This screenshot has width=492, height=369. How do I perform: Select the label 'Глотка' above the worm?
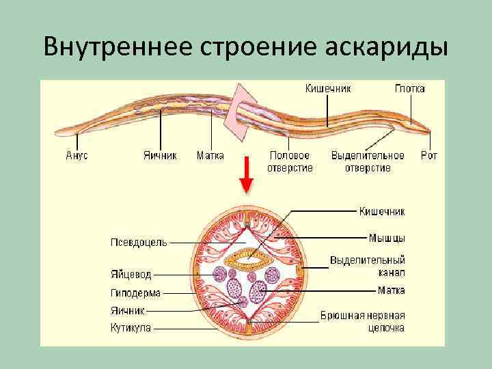[x=409, y=88]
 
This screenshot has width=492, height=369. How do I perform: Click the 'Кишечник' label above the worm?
[x=328, y=88]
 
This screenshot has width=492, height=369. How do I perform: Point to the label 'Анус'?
[x=77, y=155]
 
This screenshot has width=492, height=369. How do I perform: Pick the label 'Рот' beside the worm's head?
[x=428, y=155]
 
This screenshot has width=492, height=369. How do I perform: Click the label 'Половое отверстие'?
[x=290, y=161]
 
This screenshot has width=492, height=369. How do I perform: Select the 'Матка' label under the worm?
[x=210, y=155]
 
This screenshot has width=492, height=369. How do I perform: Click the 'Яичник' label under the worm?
[x=160, y=155]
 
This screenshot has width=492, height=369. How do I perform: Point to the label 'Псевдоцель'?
[x=137, y=241]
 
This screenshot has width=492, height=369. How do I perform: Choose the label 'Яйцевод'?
[x=131, y=275]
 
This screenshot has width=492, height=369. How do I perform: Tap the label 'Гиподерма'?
[x=135, y=293]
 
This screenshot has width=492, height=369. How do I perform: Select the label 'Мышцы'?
[x=387, y=238]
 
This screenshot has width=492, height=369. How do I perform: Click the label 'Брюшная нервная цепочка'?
[x=363, y=322]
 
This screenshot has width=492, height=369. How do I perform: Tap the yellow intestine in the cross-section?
[x=249, y=259]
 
